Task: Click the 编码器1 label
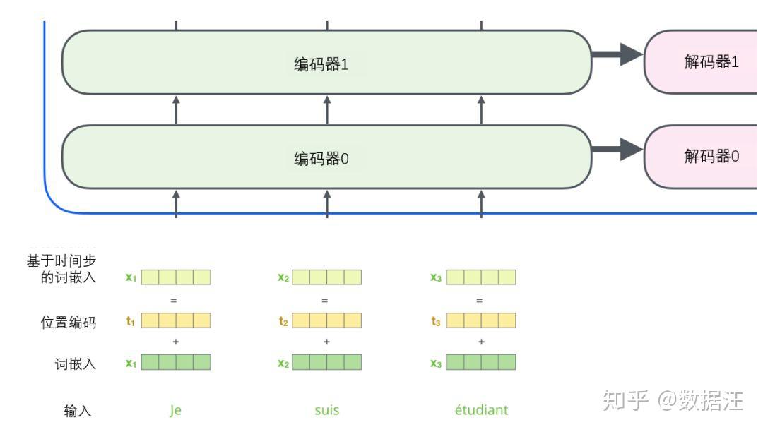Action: pyautogui.click(x=321, y=64)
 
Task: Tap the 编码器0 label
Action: pyautogui.click(x=321, y=159)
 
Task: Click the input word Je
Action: pyautogui.click(x=175, y=410)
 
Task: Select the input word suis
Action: pyautogui.click(x=326, y=410)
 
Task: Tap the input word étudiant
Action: pyautogui.click(x=481, y=410)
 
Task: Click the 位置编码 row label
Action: pyautogui.click(x=69, y=323)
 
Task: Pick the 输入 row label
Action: pyautogui.click(x=78, y=411)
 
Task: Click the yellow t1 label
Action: pyautogui.click(x=131, y=322)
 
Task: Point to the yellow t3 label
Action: pyautogui.click(x=436, y=322)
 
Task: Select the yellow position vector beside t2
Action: pyautogui.click(x=327, y=321)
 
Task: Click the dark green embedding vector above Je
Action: pyautogui.click(x=176, y=363)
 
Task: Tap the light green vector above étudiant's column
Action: pyautogui.click(x=481, y=277)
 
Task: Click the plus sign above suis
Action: pyautogui.click(x=326, y=342)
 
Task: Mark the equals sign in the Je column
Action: pyautogui.click(x=174, y=300)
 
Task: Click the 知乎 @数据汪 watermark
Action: pyautogui.click(x=673, y=401)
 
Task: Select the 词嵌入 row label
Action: pyautogui.click(x=76, y=364)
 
